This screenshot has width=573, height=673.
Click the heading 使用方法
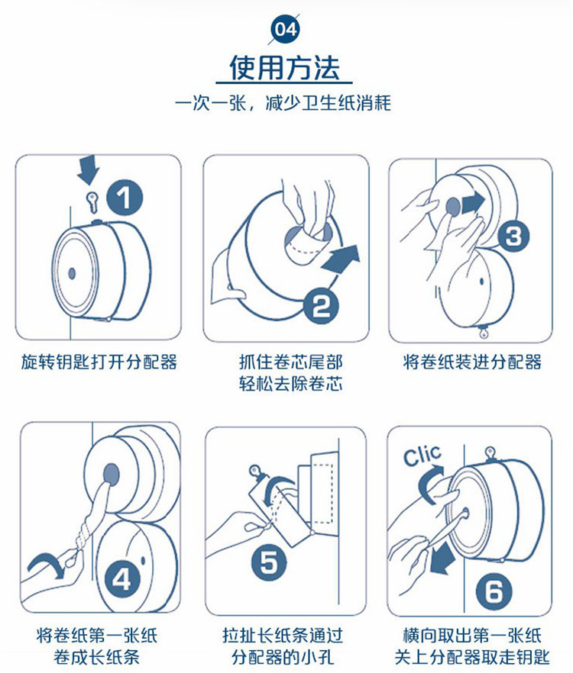point(284,67)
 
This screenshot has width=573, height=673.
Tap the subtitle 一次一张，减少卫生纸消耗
point(283,104)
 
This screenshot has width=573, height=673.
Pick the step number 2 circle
point(321,305)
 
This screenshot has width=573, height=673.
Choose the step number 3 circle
point(513,236)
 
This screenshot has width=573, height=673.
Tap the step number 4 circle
point(121,580)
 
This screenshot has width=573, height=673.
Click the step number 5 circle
point(269,562)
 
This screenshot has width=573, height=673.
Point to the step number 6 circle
point(494,591)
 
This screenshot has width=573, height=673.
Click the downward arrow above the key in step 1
point(89,169)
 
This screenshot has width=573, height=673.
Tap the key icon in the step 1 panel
point(92,201)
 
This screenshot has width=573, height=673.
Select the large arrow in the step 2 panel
point(341,259)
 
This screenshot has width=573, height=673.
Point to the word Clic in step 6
point(422,455)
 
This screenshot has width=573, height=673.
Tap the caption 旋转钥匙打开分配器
point(99,362)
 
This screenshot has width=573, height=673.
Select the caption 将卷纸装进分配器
point(471,362)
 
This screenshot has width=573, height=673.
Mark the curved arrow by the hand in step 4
point(47,564)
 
